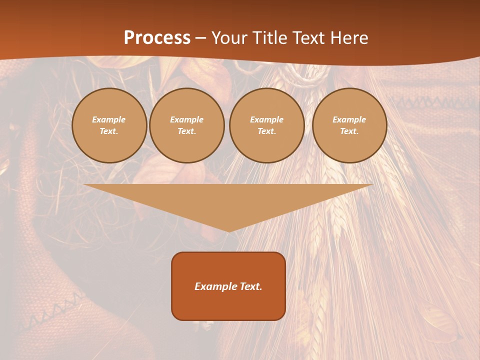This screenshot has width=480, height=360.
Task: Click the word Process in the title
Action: tap(157, 38)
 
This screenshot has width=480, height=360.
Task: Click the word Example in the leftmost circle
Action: tap(109, 119)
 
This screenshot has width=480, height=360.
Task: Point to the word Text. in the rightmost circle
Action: tap(349, 131)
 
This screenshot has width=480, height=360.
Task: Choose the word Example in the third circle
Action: tap(267, 119)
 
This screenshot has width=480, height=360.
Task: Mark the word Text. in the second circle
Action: tap(187, 131)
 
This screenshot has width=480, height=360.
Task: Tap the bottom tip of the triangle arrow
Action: tap(228, 230)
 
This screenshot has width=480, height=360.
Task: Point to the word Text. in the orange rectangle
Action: tap(251, 286)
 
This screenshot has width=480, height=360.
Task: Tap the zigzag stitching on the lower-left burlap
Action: tap(50, 312)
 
